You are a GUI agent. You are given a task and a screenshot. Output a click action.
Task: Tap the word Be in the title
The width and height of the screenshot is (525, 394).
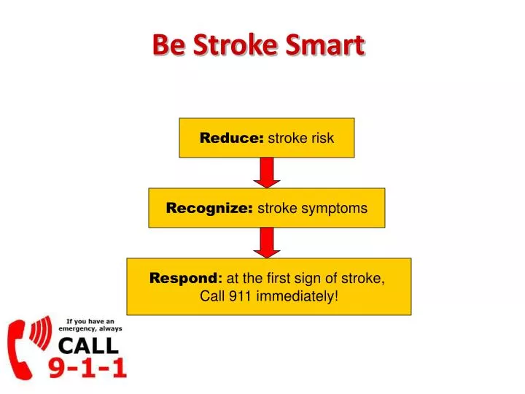pyautogui.click(x=167, y=45)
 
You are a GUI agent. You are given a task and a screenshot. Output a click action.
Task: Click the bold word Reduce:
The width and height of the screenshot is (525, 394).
pyautogui.click(x=232, y=138)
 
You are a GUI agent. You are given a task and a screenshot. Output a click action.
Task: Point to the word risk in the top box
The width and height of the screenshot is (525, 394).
pyautogui.click(x=321, y=138)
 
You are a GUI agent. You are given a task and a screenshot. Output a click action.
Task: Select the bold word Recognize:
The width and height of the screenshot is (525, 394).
pyautogui.click(x=209, y=208)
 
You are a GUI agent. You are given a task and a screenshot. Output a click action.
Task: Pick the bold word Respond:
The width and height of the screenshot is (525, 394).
pyautogui.click(x=187, y=278)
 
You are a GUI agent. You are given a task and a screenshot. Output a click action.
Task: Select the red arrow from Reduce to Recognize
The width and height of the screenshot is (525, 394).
pyautogui.click(x=267, y=172)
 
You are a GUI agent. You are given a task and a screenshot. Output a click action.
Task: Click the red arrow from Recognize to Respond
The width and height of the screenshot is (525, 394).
pyautogui.click(x=267, y=242)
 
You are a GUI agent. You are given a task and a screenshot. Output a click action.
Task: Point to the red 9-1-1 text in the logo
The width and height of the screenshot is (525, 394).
pyautogui.click(x=87, y=368)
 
